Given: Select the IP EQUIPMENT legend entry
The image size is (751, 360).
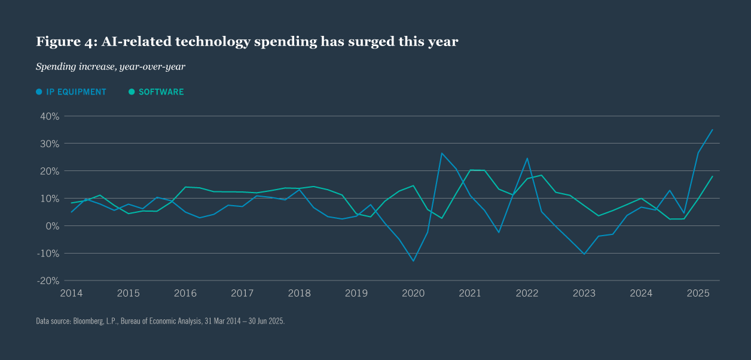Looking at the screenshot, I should coord(71,92).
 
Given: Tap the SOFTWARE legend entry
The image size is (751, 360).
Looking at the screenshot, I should coord(157,92).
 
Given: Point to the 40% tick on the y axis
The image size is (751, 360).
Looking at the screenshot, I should coord(48,116).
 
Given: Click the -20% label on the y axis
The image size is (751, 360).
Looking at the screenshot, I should coord(47,280).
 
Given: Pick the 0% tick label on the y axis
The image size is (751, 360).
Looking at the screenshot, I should coord(51,225).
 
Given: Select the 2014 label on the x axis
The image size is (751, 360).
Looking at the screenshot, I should coord(71,293).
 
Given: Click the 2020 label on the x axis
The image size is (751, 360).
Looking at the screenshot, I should coord(413,293).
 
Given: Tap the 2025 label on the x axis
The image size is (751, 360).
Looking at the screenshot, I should coord(698,293).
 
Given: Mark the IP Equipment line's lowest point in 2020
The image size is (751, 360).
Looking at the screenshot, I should coord(413,261).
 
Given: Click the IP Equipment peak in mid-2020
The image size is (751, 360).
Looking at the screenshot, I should coord(441,153).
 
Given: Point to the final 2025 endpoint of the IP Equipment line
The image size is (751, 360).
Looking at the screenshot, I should coord(712,130).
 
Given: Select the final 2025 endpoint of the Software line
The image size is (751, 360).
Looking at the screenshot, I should coord(712,176).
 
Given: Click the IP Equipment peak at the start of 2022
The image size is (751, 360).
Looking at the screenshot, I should coord(527,158).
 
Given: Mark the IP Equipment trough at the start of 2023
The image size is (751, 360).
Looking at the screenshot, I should coord(584,254).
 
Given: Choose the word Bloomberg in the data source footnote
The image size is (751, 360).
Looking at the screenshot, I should coord(89,321).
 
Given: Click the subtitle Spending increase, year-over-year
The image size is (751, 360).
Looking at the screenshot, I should coord(111,66).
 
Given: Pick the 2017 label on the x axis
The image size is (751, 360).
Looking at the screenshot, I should coord(242,293).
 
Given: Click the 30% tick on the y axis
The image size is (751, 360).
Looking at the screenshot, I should coord(48,144).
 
